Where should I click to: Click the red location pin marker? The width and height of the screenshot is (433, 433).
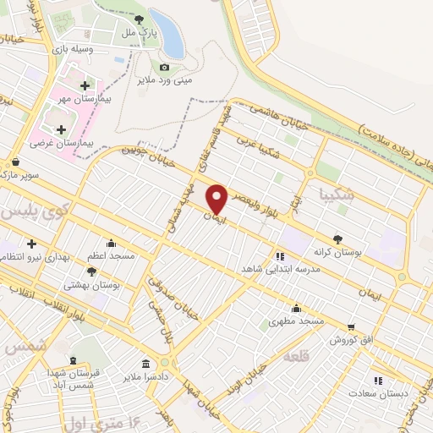pyautogui.click(x=217, y=199)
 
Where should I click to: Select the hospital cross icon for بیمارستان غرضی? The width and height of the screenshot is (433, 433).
pyautogui.click(x=61, y=129)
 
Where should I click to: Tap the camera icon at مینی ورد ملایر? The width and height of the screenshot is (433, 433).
pyautogui.click(x=164, y=68)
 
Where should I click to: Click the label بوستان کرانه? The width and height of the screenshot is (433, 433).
pyautogui.click(x=337, y=252)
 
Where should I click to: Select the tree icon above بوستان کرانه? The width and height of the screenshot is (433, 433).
pyautogui.click(x=337, y=239)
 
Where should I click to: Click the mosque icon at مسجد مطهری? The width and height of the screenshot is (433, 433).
pyautogui.click(x=296, y=308)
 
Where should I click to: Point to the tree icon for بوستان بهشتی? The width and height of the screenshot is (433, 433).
pyautogui.click(x=91, y=271)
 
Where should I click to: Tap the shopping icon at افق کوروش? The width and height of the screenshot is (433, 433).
pyautogui.click(x=351, y=326)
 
